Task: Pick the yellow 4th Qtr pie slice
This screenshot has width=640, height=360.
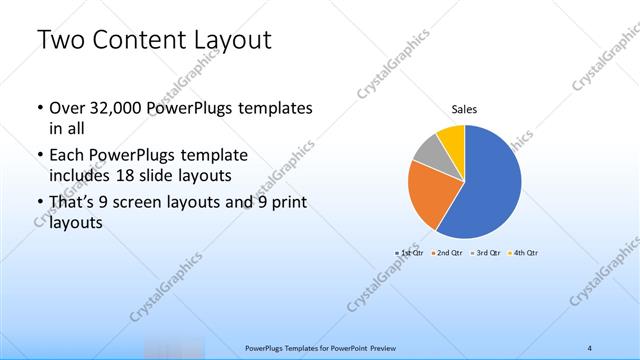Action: point(452,138)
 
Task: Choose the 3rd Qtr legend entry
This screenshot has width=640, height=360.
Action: point(486,253)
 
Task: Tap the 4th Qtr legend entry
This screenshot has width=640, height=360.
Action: point(524,253)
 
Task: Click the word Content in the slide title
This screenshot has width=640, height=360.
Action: point(134,42)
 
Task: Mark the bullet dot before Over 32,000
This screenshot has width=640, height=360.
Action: point(39,108)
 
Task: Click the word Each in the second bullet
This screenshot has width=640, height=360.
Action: point(66,156)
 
